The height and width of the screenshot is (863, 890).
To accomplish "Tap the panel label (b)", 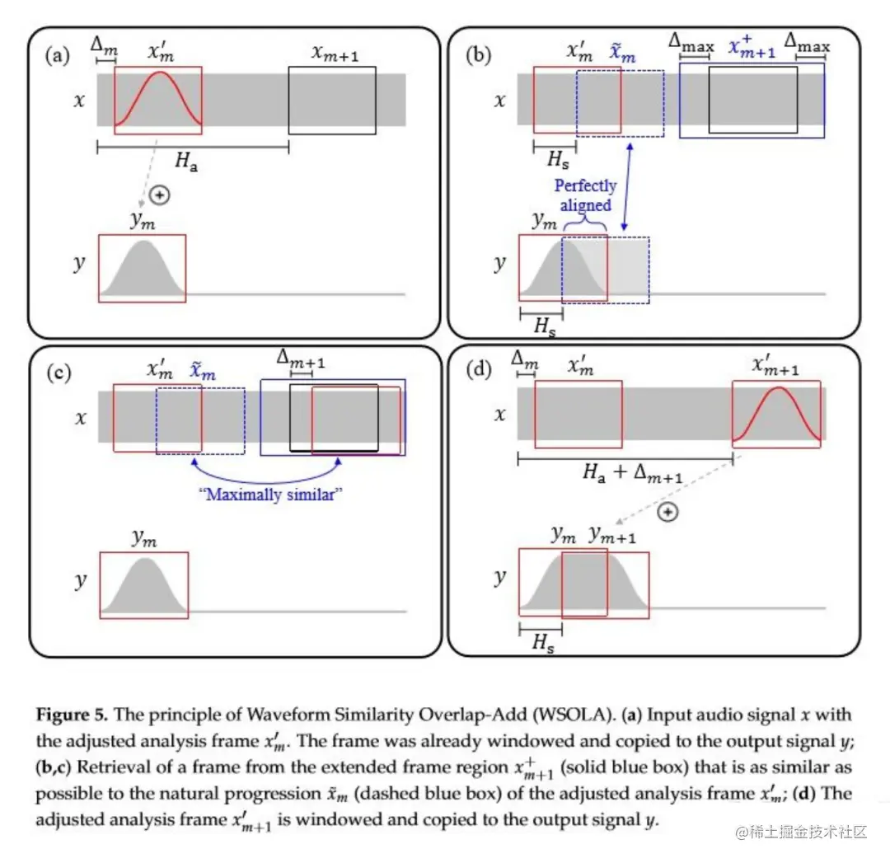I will [479, 56].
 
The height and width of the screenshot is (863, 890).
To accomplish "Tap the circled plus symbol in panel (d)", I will [669, 512].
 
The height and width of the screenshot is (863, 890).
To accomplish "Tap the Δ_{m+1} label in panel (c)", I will [301, 360].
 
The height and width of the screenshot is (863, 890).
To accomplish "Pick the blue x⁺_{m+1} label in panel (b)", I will [752, 48].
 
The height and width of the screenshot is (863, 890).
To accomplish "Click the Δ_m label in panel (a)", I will [105, 47].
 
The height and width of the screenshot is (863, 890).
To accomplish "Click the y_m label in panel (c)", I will [144, 538].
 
